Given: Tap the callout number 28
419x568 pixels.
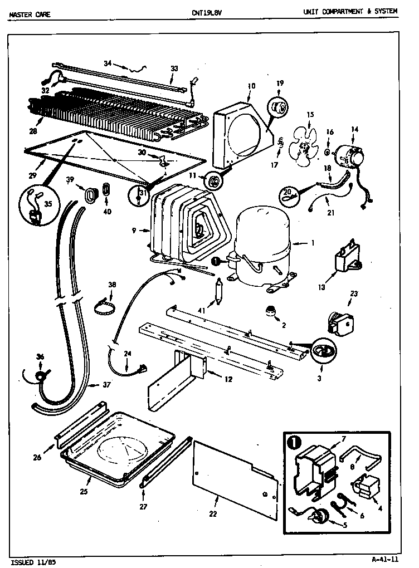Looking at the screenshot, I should [x=35, y=131].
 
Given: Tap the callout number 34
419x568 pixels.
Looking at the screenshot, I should [x=108, y=62].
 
